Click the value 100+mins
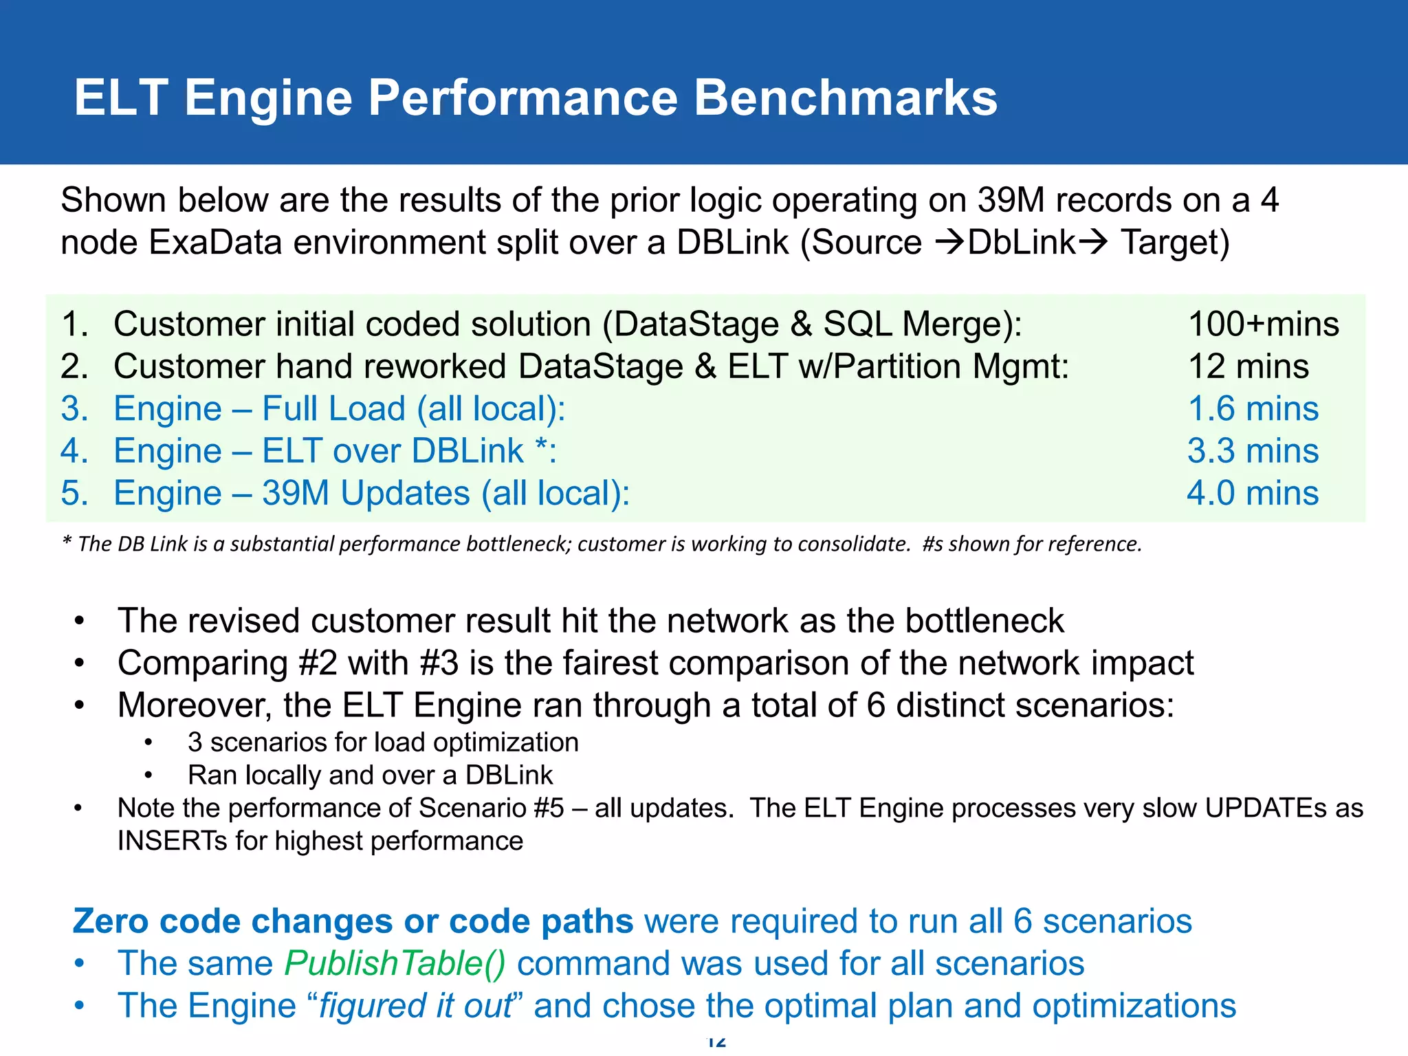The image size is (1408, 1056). pos(1264,324)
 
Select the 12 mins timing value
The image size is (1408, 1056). pos(1248,366)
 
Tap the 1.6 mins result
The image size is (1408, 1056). pos(1253,408)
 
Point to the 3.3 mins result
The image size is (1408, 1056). pos(1253,451)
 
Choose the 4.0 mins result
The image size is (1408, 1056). pos(1253,493)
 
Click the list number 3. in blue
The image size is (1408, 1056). pos(74,408)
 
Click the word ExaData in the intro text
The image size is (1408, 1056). pos(215,243)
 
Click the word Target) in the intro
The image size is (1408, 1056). pos(1175,243)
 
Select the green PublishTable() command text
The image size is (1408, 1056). pos(395,963)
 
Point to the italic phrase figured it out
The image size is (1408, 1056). pos(416,1006)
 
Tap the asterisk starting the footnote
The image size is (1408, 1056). pos(67,542)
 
